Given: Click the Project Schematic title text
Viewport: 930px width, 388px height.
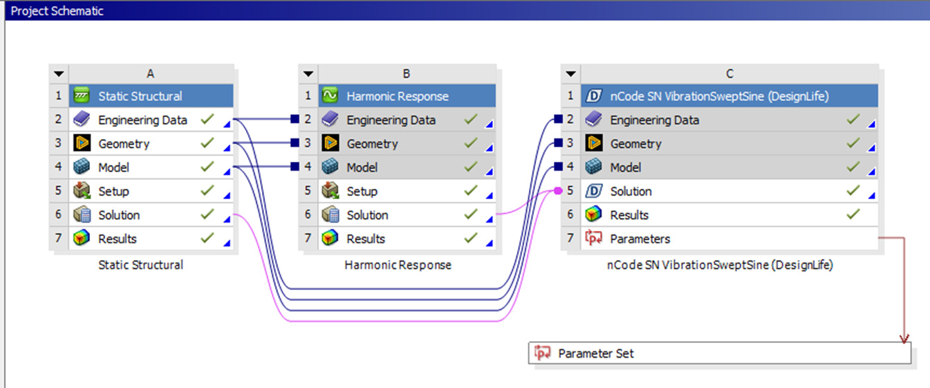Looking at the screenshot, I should tap(57, 10).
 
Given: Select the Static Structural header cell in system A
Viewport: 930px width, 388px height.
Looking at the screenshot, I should tap(140, 96).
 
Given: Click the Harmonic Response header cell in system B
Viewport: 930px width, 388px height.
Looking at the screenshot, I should tap(398, 96).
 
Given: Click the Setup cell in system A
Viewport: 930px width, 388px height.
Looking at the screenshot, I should tap(113, 192).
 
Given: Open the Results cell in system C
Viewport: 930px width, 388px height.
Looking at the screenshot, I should tap(629, 215).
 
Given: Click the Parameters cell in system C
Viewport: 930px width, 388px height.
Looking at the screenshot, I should tap(640, 239).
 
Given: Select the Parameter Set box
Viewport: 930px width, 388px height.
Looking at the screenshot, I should tap(719, 353).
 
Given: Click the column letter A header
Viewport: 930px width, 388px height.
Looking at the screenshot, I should tap(151, 74).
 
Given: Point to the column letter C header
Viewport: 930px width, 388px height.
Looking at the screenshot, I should tap(729, 74).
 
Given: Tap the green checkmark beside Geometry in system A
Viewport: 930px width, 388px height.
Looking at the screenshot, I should tap(206, 143).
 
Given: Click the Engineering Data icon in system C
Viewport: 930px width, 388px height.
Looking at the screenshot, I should tap(594, 120).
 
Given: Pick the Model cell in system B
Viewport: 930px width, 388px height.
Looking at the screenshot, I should tap(362, 167).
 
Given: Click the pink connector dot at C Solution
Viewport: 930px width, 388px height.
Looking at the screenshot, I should tap(558, 192).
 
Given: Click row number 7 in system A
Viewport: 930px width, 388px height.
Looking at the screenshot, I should tap(59, 239).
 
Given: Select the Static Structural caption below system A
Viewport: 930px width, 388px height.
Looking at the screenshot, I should tap(141, 265).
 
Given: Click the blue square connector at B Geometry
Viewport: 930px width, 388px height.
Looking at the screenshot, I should tap(295, 143).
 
